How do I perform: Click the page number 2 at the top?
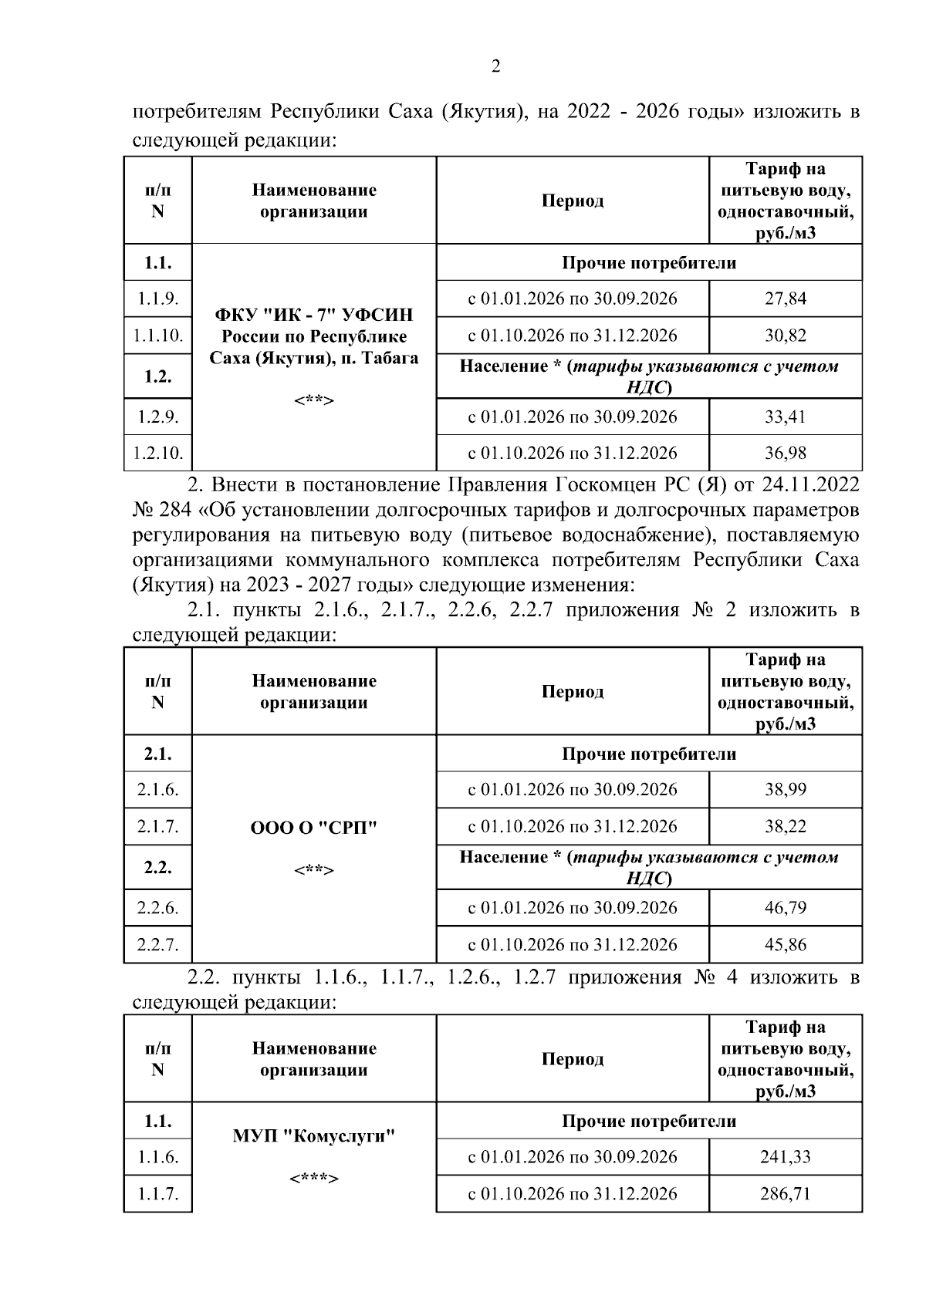(x=495, y=67)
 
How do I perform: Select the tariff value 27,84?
(x=785, y=299)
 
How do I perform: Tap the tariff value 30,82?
(x=785, y=336)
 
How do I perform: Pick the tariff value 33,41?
(x=785, y=417)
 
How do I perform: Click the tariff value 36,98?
(x=785, y=453)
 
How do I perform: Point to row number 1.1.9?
(x=157, y=299)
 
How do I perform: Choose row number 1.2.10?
(x=157, y=453)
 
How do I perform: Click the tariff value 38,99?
(x=785, y=790)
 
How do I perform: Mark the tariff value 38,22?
(x=785, y=827)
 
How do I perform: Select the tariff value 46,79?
(x=785, y=908)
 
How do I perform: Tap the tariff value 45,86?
(x=785, y=945)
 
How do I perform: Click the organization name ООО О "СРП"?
(x=313, y=828)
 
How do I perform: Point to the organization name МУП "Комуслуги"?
(x=313, y=1136)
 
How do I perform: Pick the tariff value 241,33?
(x=785, y=1157)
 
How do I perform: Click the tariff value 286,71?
(x=785, y=1194)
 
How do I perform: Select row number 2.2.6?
(x=157, y=908)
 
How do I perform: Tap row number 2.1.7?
(x=157, y=827)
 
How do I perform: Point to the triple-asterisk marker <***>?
(x=313, y=1179)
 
